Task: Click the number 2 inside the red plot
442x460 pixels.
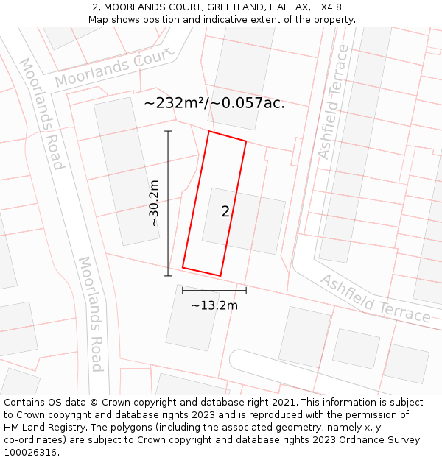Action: click(x=225, y=212)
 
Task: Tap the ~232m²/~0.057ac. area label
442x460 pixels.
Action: click(x=214, y=103)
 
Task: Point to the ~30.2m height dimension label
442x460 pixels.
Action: click(x=154, y=203)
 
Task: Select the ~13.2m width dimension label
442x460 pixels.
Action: click(x=214, y=305)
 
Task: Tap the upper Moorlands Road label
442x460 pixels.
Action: click(x=42, y=113)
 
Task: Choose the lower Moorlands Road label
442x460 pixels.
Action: click(x=90, y=314)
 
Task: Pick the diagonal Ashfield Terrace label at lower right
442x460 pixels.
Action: click(x=375, y=299)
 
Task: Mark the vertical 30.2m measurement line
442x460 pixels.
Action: click(x=168, y=203)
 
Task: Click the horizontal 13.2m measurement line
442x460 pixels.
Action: click(x=214, y=291)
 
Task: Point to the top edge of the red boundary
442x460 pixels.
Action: click(x=228, y=136)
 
